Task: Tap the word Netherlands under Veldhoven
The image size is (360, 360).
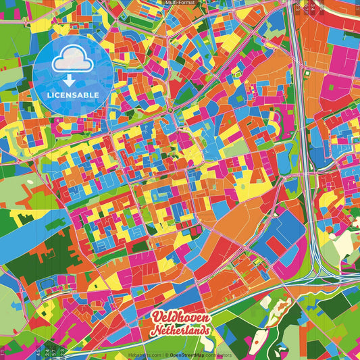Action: [x=181, y=330]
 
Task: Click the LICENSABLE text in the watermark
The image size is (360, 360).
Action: [x=73, y=94]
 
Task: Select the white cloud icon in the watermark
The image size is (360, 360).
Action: [x=72, y=63]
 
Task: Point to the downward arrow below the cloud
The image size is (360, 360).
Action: [x=72, y=79]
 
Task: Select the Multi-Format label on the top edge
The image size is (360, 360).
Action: [x=180, y=3]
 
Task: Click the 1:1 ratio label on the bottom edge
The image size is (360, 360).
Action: [x=3, y=351]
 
